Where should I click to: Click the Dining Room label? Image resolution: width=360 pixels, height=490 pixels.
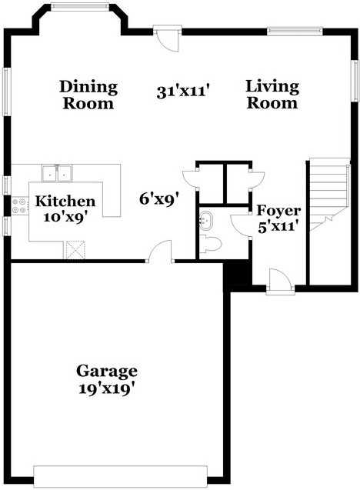(88, 95)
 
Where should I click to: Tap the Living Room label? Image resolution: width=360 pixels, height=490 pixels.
(272, 95)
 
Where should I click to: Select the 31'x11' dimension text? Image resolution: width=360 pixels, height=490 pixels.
(184, 92)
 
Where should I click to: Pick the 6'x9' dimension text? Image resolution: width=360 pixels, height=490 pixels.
(159, 198)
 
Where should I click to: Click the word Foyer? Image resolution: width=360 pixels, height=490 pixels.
(278, 211)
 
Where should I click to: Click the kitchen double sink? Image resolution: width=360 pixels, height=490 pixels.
(58, 172)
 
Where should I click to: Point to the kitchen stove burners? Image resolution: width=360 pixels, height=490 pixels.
(19, 205)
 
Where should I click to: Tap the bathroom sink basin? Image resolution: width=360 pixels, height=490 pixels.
(205, 222)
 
